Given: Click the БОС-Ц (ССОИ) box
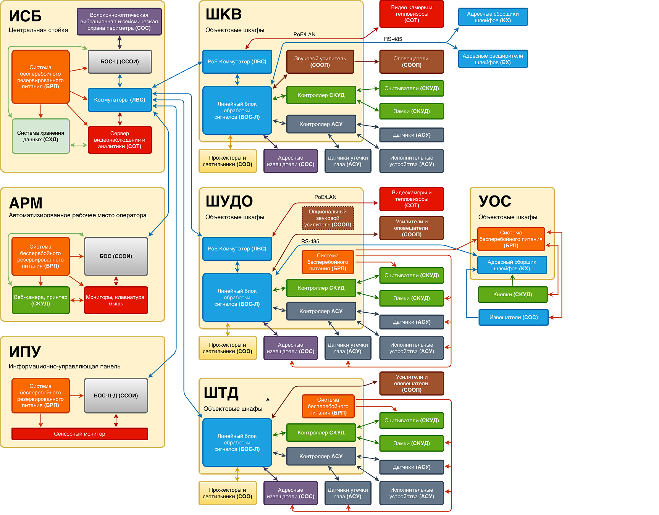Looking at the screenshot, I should pyautogui.click(x=120, y=61).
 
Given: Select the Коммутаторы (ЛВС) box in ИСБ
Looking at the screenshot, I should pyautogui.click(x=120, y=100).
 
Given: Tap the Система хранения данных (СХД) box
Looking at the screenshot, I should pyautogui.click(x=40, y=136).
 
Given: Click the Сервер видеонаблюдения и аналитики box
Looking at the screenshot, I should pyautogui.click(x=120, y=140).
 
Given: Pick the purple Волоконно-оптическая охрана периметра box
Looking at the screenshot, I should pyautogui.click(x=119, y=21).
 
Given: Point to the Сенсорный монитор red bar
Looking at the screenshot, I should pyautogui.click(x=79, y=434).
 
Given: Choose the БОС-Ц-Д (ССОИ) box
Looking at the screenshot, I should pyautogui.click(x=116, y=396).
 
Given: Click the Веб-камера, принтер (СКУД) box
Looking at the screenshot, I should pyautogui.click(x=40, y=300).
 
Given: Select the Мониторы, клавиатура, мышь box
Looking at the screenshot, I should pyautogui.click(x=116, y=300).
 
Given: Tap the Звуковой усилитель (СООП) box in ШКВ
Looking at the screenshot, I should pyautogui.click(x=320, y=61).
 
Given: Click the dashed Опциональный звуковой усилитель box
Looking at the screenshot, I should pyautogui.click(x=328, y=218).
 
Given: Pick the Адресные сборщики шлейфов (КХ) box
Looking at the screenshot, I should pyautogui.click(x=493, y=17).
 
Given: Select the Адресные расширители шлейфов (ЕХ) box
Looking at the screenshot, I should pyautogui.click(x=493, y=59).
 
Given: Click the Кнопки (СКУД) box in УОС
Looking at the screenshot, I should pyautogui.click(x=512, y=294).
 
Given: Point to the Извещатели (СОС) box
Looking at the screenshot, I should pyautogui.click(x=514, y=317).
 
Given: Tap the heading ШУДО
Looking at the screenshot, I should pyautogui.click(x=229, y=201).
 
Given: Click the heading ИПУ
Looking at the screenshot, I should pyautogui.click(x=25, y=352).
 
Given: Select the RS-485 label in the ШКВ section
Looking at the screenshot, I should pyautogui.click(x=393, y=39).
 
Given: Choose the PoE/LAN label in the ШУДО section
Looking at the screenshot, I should pyautogui.click(x=325, y=197).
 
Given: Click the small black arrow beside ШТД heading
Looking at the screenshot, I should pyautogui.click(x=268, y=401).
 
